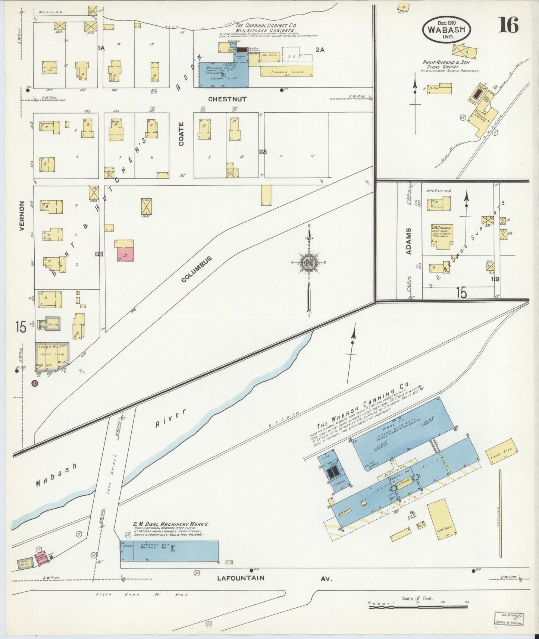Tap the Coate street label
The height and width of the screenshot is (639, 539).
click(x=181, y=133)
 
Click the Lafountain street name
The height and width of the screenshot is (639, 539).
click(x=241, y=578)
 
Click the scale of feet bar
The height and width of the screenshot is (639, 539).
click(x=418, y=607)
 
